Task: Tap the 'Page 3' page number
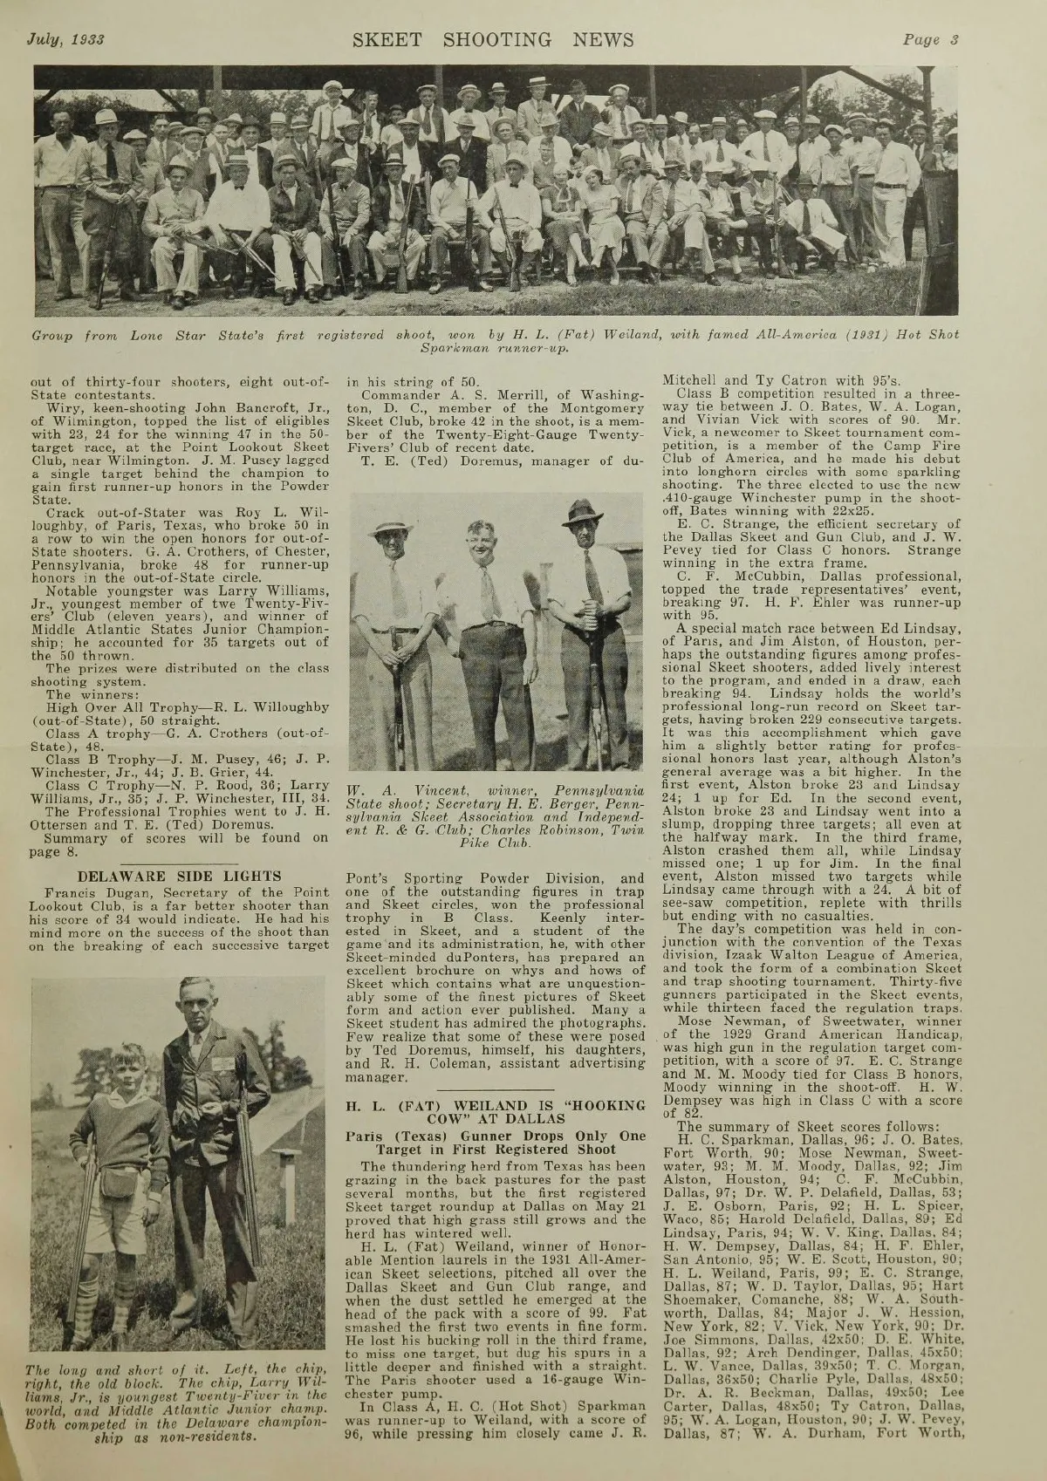coord(931,38)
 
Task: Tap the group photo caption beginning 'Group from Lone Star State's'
coord(495,341)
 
